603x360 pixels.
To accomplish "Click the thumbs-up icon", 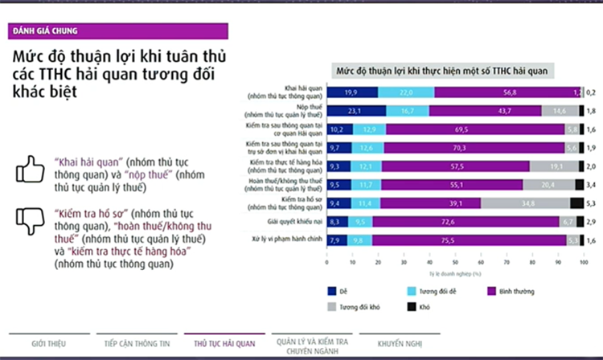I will (x=30, y=170).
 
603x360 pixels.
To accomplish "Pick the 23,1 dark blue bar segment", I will (x=356, y=111).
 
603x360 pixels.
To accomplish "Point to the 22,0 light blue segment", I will (x=406, y=92).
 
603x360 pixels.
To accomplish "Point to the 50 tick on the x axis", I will (x=454, y=262).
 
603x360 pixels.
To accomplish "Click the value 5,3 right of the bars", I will (x=591, y=203).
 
